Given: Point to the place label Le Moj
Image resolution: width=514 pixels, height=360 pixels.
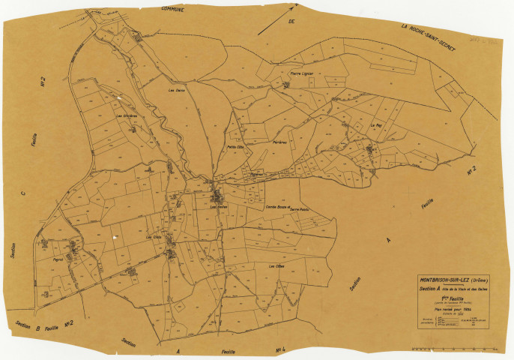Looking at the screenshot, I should pos(375,125).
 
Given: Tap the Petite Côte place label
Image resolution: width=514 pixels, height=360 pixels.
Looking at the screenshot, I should pos(237,147).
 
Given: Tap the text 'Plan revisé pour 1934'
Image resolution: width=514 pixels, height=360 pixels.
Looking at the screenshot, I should pos(449,308).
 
